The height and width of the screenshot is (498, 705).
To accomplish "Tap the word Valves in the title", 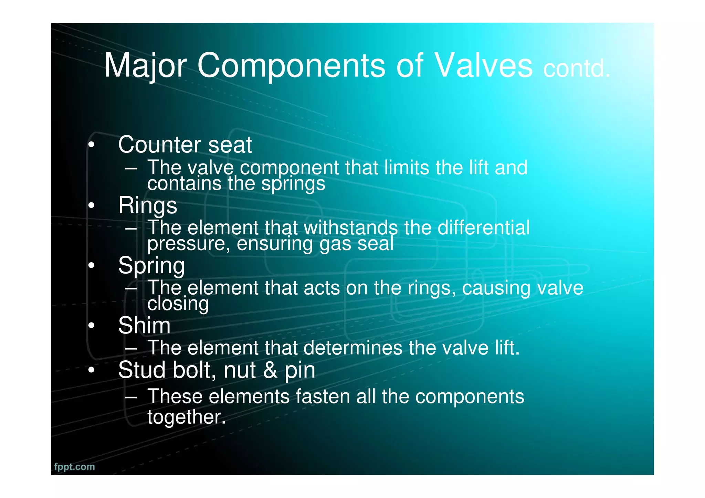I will [484, 65].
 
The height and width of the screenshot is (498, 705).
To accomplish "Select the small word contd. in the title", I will [577, 68].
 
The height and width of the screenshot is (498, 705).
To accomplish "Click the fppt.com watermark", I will [74, 467].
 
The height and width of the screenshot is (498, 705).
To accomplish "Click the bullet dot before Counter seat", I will [91, 145].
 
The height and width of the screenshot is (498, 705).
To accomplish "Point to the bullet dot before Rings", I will [91, 205].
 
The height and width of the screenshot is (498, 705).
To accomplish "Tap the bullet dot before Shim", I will [91, 326].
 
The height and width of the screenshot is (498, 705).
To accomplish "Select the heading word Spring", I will [151, 266].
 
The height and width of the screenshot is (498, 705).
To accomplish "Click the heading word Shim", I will [144, 325].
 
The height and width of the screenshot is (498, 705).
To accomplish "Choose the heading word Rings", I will [148, 205].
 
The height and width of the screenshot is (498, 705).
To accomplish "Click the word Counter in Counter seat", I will [158, 145].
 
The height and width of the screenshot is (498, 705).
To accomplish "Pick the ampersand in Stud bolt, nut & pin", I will [270, 370].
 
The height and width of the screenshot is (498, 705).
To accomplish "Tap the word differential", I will [483, 228].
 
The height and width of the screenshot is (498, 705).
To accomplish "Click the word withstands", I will [351, 228].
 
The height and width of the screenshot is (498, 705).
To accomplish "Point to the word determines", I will [353, 348].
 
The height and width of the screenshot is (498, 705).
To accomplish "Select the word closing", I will [178, 304].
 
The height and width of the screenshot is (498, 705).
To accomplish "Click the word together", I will [186, 417].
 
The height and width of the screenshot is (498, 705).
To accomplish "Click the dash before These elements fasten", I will [131, 397].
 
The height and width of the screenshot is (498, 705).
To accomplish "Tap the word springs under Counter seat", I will [293, 183].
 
